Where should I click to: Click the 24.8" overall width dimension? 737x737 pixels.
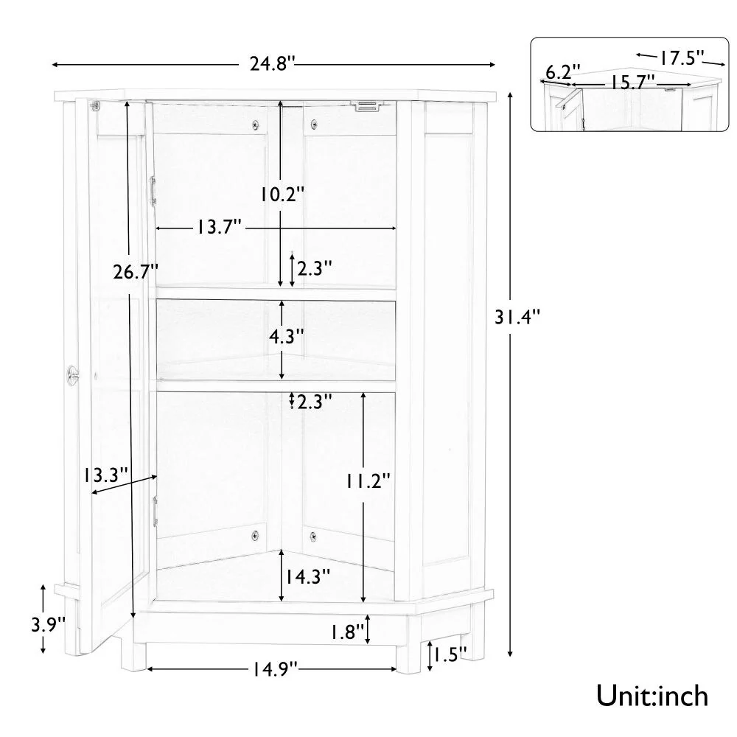pyautogui.click(x=273, y=65)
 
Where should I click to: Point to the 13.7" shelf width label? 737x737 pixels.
pyautogui.click(x=220, y=228)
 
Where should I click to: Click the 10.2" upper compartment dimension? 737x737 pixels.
pyautogui.click(x=281, y=195)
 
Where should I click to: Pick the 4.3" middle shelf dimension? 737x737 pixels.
pyautogui.click(x=286, y=337)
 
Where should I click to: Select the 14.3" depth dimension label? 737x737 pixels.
pyautogui.click(x=308, y=576)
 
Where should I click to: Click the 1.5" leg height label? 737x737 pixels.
pyautogui.click(x=450, y=654)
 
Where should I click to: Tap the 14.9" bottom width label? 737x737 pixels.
pyautogui.click(x=272, y=669)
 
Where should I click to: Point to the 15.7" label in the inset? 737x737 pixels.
pyautogui.click(x=632, y=83)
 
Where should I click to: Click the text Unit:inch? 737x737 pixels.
pyautogui.click(x=652, y=695)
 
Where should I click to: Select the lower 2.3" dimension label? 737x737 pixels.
pyautogui.click(x=314, y=402)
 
